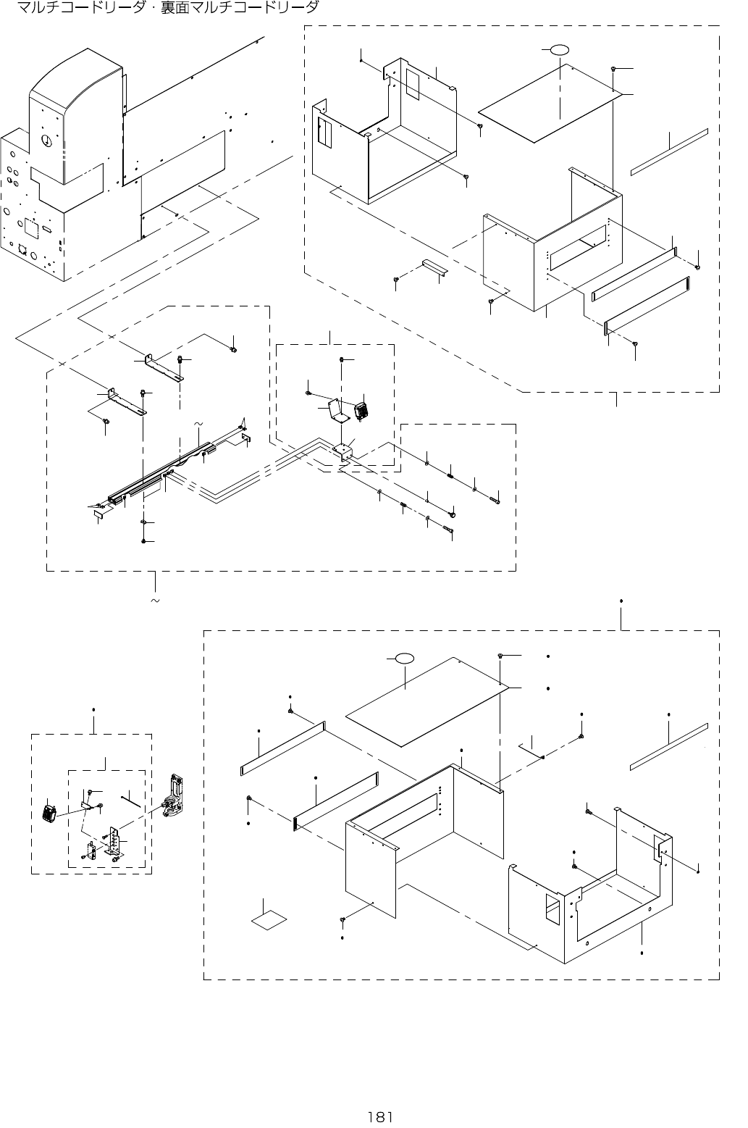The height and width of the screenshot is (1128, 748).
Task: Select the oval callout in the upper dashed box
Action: click(x=558, y=49)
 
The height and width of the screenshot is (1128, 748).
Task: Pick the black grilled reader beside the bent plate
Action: click(x=361, y=411)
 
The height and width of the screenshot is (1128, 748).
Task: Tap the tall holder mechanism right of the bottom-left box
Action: click(x=174, y=797)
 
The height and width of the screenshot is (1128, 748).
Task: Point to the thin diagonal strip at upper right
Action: click(x=668, y=151)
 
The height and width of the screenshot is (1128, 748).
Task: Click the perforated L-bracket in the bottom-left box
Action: click(x=114, y=841)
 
